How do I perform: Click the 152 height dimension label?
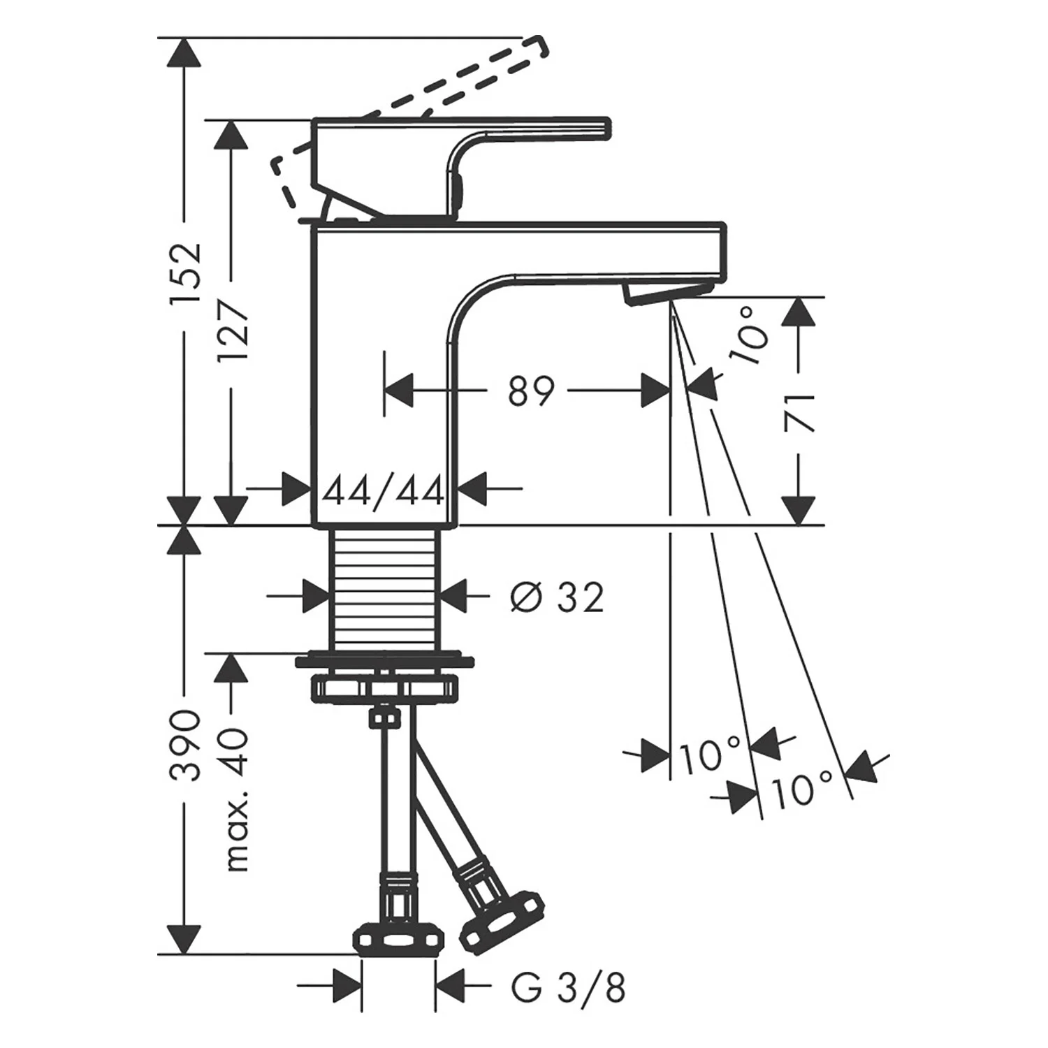point(186,272)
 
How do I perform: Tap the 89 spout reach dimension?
point(531,391)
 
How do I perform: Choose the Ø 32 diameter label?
point(557,598)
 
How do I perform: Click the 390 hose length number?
point(186,746)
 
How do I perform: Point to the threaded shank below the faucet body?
point(384,588)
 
